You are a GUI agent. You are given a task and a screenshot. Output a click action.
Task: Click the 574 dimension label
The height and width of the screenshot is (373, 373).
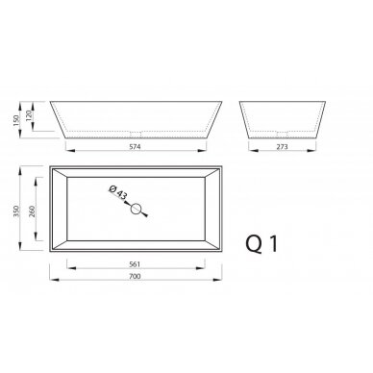click(x=136, y=147)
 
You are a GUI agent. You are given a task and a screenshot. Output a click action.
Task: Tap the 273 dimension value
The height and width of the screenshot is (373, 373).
click(x=282, y=147)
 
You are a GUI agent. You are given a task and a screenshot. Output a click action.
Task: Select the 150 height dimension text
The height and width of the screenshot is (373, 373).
click(x=17, y=120)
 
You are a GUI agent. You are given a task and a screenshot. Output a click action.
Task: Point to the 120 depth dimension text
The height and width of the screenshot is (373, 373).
click(x=29, y=114)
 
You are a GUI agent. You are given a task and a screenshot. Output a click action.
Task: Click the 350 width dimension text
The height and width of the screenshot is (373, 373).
click(x=17, y=211)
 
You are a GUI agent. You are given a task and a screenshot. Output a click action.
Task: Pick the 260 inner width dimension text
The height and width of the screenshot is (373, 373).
click(x=32, y=211)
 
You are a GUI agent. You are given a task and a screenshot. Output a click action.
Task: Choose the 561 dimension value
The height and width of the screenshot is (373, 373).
click(x=135, y=264)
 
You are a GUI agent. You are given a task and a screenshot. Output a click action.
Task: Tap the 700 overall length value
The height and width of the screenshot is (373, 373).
click(x=135, y=276)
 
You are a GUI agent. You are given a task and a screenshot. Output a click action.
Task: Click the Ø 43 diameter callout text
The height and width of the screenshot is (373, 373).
click(x=117, y=192)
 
